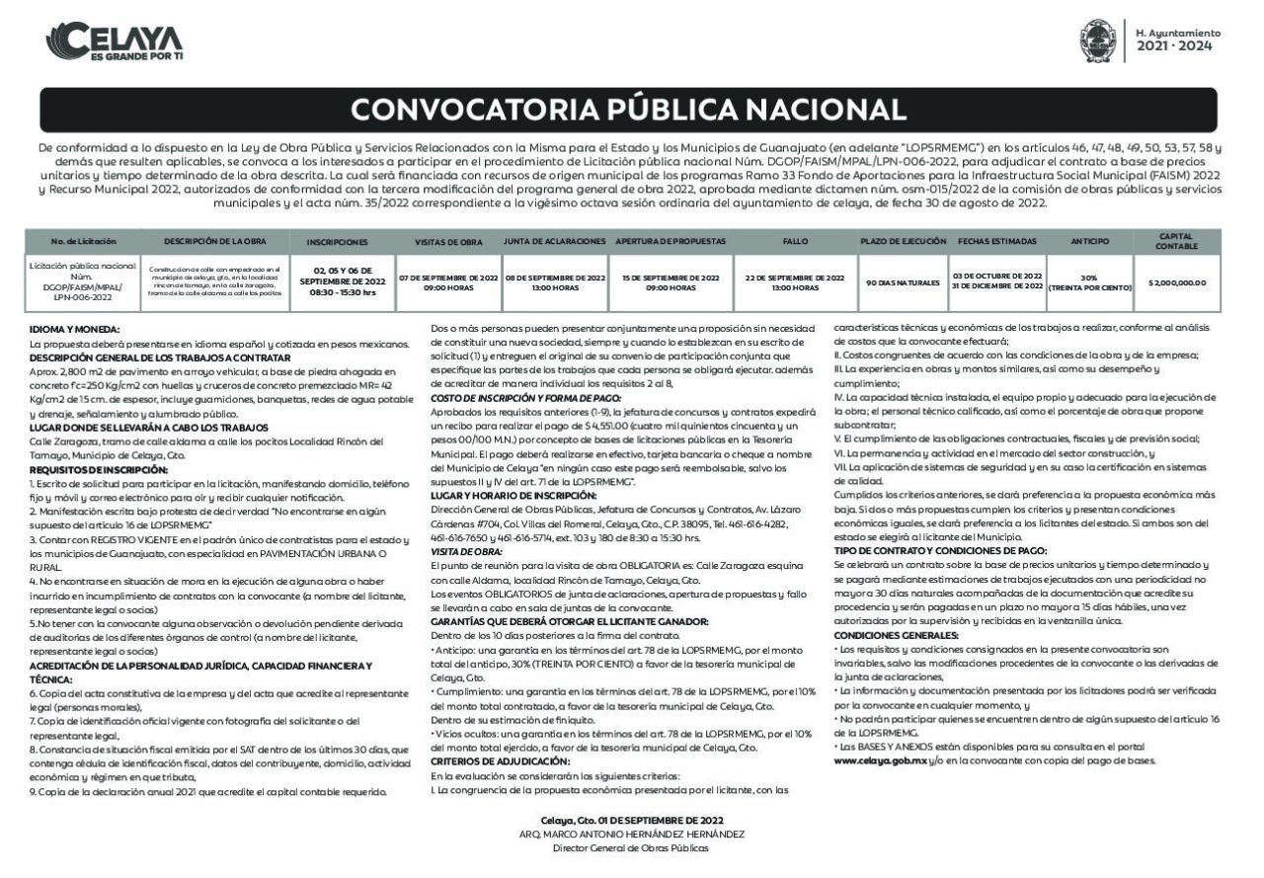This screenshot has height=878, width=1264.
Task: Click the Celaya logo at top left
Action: coord(115,42)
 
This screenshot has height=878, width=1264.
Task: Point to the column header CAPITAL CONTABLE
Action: coord(1177,241)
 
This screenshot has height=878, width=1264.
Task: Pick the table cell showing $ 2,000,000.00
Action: coord(1177,282)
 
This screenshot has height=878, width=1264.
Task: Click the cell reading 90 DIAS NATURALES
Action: coord(903,282)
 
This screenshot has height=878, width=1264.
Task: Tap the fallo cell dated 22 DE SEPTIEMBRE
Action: coord(795,281)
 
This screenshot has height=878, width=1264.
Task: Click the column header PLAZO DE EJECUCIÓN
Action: coord(903,241)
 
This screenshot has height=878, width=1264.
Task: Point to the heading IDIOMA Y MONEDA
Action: coord(74,329)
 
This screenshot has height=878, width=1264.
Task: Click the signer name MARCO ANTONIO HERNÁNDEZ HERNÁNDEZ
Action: coord(632,834)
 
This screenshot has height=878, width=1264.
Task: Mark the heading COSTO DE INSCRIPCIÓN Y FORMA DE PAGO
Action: coord(525,397)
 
